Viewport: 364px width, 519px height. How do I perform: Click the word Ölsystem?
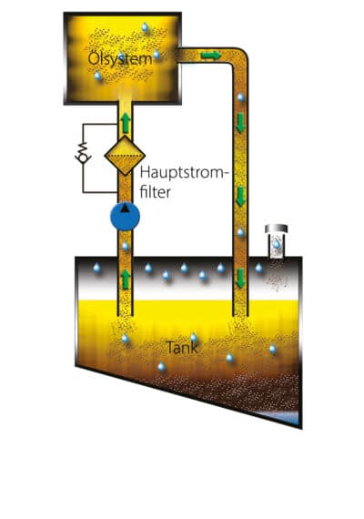[x=120, y=59]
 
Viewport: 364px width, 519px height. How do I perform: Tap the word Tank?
[x=182, y=347]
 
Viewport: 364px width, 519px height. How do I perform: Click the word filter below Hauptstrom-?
[x=156, y=192]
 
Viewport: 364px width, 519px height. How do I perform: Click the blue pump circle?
[x=125, y=216]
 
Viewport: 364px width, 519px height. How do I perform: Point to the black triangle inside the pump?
[x=125, y=209]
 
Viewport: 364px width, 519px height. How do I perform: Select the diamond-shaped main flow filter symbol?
[x=125, y=155]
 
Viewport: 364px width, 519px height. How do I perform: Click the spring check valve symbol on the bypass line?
[x=83, y=153]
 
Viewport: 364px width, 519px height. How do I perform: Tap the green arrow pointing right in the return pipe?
[x=211, y=56]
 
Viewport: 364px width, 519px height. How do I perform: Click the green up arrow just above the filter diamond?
[x=125, y=123]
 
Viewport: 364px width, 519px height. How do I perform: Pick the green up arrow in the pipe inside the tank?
[x=125, y=279]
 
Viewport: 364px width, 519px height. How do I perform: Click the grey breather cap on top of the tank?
[x=277, y=229]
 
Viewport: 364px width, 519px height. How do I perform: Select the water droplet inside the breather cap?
[x=277, y=244]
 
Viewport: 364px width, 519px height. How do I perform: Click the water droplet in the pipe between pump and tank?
[x=125, y=246]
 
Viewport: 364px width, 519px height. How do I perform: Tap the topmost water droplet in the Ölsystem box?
[x=145, y=26]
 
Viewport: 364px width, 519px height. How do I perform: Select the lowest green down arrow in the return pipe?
[x=240, y=278]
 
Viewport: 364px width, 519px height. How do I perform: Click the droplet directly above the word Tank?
[x=194, y=338]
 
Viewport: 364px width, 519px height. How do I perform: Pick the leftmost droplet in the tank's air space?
[x=96, y=267]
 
